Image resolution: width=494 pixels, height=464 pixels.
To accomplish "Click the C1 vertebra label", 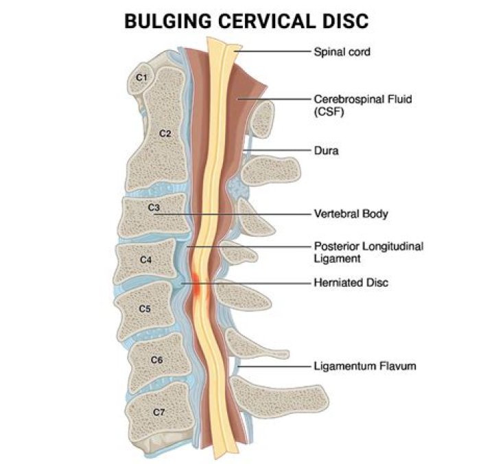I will [x=141, y=78].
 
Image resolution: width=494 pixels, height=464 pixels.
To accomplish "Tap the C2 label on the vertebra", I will [x=165, y=133].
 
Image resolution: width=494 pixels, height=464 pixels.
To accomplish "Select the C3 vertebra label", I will [x=154, y=207].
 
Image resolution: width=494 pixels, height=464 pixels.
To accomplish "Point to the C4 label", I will [x=145, y=259].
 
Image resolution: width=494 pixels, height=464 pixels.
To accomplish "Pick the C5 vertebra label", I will [x=144, y=308].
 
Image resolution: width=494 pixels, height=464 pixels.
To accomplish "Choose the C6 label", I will [x=156, y=360].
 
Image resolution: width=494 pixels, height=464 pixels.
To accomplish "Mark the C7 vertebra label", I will [x=158, y=412].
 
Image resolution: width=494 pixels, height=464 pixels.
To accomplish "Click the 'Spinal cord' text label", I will [x=342, y=51].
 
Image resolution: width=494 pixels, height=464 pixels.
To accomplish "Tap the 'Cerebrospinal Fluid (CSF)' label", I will [x=353, y=104].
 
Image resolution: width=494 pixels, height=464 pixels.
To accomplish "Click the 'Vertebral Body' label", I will [x=351, y=214].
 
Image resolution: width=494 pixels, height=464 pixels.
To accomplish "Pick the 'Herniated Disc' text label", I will [x=350, y=282].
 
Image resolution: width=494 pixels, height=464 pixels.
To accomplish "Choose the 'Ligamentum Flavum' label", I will [x=364, y=366].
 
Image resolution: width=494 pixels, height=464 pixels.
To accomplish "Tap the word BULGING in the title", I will [x=163, y=22].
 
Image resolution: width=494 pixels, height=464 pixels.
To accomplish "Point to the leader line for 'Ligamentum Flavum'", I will [x=274, y=367].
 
